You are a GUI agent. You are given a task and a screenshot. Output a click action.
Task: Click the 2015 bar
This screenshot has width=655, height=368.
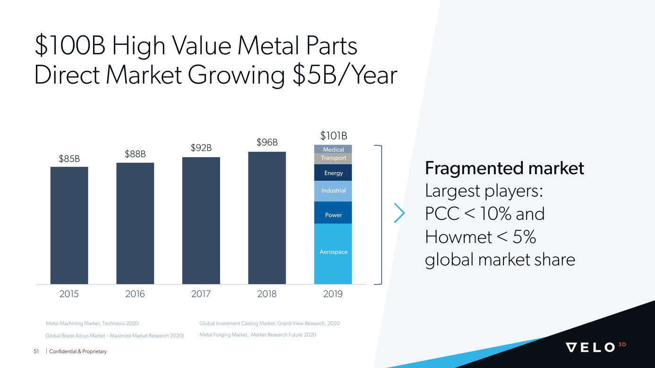tap(69, 225)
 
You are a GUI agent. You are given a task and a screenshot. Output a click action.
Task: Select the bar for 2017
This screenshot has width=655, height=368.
tap(201, 220)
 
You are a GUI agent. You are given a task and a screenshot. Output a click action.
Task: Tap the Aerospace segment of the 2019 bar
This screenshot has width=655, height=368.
tap(333, 253)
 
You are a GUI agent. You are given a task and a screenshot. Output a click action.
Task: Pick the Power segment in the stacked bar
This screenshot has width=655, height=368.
tap(333, 213)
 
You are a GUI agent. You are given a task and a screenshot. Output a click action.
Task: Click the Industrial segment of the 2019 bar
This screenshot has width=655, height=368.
tap(333, 191)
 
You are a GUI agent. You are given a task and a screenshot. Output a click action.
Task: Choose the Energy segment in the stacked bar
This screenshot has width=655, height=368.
tap(333, 173)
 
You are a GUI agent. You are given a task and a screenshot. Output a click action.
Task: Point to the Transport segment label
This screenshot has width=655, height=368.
tap(333, 158)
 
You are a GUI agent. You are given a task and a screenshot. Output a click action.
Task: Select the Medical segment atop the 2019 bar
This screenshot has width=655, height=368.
tap(333, 149)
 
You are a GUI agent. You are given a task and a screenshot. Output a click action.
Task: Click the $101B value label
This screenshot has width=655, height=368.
tap(333, 136)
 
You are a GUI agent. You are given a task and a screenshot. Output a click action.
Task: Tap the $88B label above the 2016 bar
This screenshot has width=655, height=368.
tap(135, 154)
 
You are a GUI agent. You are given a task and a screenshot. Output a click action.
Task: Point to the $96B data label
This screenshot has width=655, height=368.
tap(267, 142)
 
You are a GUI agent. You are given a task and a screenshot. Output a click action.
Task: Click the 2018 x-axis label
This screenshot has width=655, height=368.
tap(267, 294)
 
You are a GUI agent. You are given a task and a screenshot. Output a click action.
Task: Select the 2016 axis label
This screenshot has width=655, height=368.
tap(135, 294)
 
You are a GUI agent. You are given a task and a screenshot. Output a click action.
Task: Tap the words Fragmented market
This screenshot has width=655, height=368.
tap(504, 168)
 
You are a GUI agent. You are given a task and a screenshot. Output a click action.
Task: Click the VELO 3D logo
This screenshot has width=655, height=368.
tap(595, 347)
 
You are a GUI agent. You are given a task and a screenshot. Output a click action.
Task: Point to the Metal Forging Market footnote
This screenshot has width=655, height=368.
tap(257, 335)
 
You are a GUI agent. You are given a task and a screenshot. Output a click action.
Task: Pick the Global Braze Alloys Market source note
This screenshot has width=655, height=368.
tap(114, 336)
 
